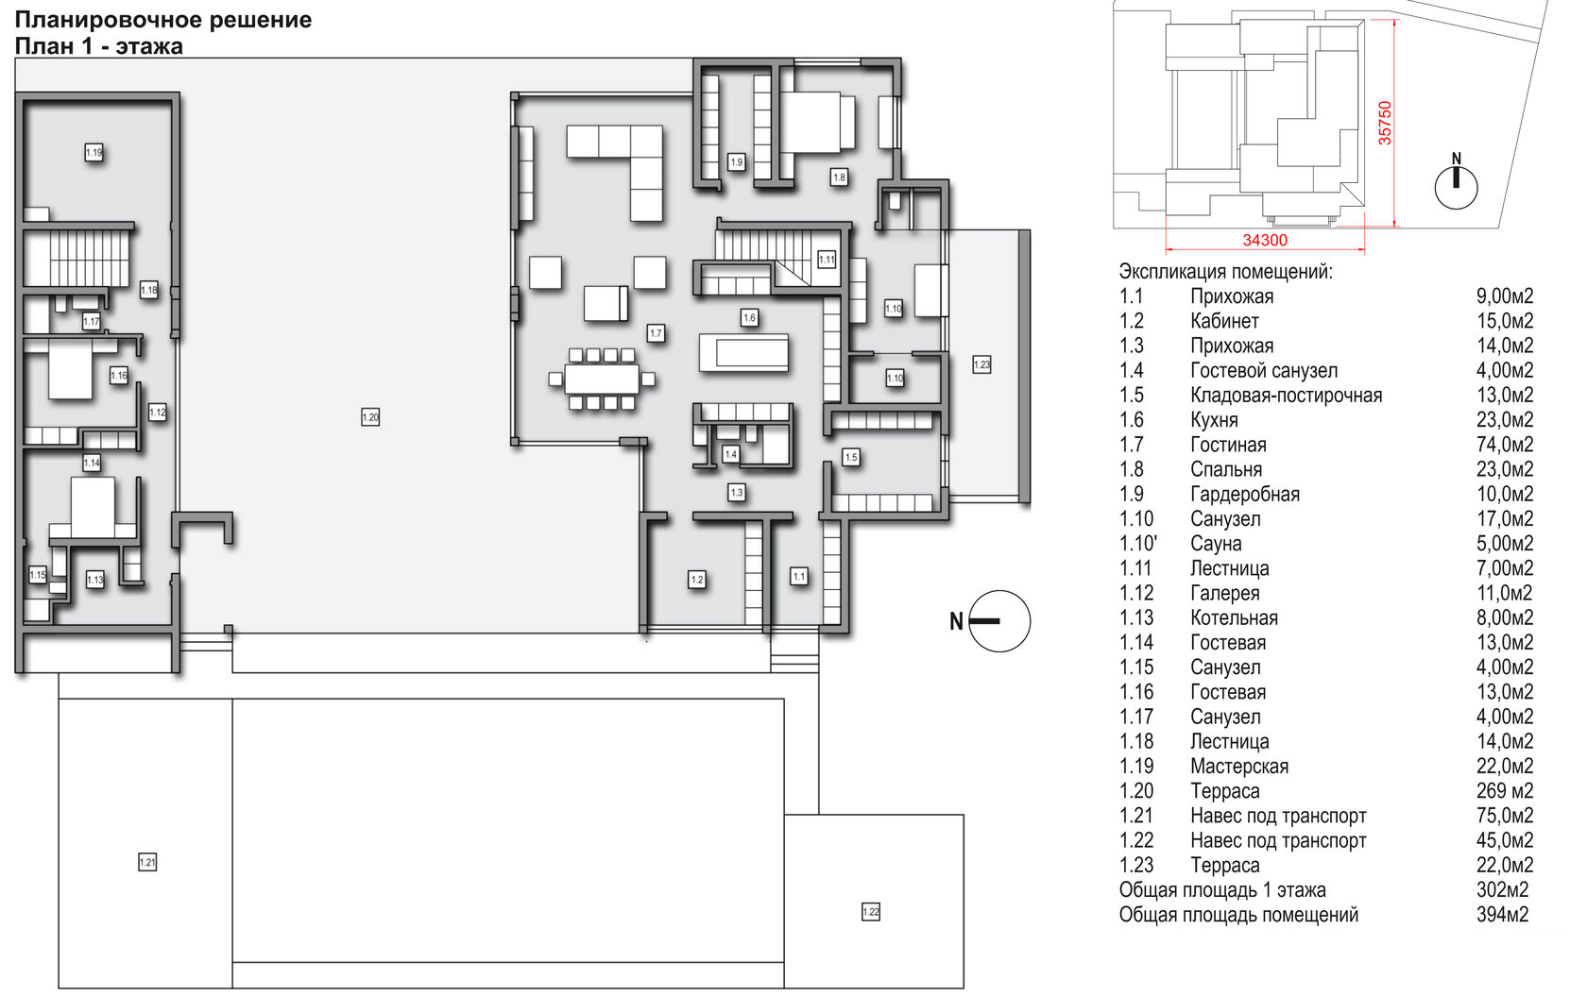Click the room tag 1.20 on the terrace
[x=370, y=417]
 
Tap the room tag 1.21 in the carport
[x=147, y=862]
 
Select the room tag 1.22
[x=871, y=912]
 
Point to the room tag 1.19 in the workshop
[x=94, y=152]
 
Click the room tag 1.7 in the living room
[x=656, y=333]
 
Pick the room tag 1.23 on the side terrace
[x=982, y=365]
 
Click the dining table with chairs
[x=603, y=379]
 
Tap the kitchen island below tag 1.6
[x=744, y=352]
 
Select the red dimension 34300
[x=1266, y=241]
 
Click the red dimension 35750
[x=1385, y=123]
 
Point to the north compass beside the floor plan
[x=990, y=621]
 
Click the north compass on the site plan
[x=1457, y=182]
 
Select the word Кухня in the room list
[x=1215, y=420]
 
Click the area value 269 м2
[x=1505, y=791]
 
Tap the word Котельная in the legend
[x=1234, y=618]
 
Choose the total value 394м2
[x=1503, y=915]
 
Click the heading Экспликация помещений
[x=1226, y=272]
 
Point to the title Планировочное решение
[x=163, y=20]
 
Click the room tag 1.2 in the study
[x=697, y=580]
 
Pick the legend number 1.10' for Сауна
[x=1138, y=544]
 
